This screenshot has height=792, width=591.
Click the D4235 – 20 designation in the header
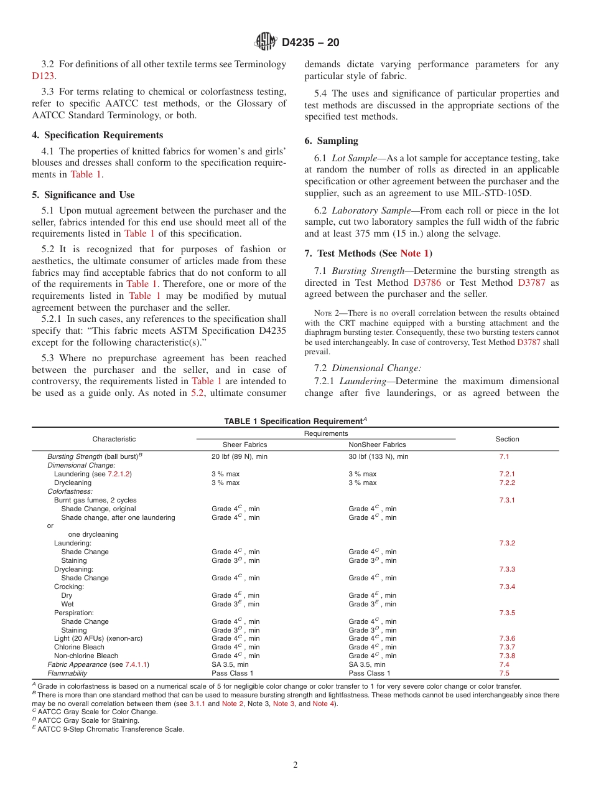310,43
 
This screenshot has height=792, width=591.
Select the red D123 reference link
43,76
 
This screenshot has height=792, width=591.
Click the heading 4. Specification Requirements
97,135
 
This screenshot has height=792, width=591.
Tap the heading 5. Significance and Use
83,195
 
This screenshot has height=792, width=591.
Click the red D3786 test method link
427,282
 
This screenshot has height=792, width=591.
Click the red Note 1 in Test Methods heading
414,253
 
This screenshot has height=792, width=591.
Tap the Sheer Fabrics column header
244,445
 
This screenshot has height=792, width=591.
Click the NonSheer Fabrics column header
377,445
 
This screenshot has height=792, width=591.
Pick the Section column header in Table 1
507,439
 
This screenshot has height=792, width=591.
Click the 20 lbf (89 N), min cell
240,456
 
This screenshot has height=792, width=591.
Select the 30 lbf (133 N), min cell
378,456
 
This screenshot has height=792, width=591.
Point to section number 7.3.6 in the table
507,638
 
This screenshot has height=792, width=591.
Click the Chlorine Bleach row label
79,647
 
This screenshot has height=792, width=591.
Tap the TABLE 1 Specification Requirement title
295,422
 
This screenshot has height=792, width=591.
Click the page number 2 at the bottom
295,765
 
